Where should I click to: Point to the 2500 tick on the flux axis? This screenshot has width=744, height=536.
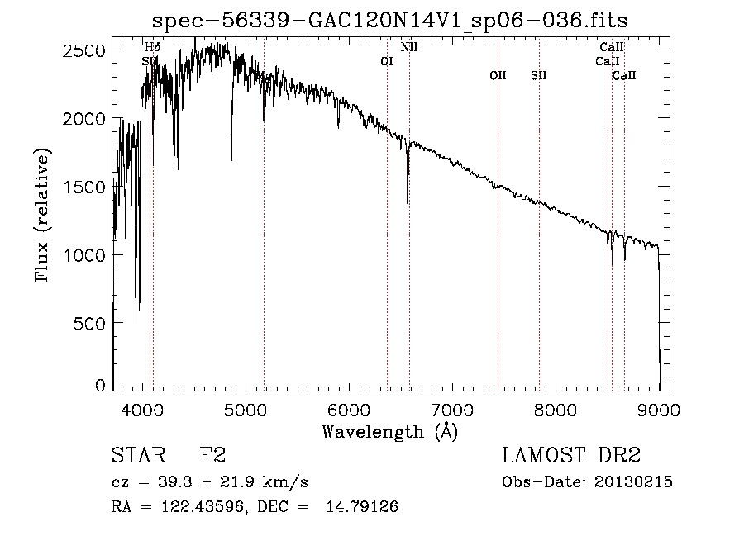click(84, 50)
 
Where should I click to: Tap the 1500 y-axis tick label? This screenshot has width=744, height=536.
click(84, 187)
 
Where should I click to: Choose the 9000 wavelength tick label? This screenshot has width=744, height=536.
click(659, 409)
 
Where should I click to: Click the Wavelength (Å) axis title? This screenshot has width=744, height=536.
click(390, 431)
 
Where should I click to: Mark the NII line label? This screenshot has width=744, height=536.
click(409, 47)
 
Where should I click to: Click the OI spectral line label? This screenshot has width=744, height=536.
click(386, 61)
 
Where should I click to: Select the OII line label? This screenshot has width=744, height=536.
click(498, 75)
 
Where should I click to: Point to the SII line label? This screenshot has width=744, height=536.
click(539, 75)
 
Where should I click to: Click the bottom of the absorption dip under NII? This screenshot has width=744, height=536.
click(408, 205)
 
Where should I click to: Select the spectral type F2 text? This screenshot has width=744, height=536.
click(212, 456)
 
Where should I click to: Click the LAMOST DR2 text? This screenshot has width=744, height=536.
click(570, 456)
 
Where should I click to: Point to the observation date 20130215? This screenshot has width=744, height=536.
click(632, 482)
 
